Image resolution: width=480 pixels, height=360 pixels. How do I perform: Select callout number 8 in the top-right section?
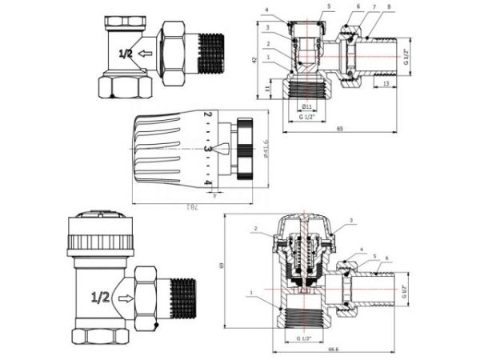click(x=389, y=7)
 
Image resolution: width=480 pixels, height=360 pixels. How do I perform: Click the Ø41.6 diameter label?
click(x=265, y=150)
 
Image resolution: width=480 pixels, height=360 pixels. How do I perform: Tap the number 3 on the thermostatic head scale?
click(x=206, y=149)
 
